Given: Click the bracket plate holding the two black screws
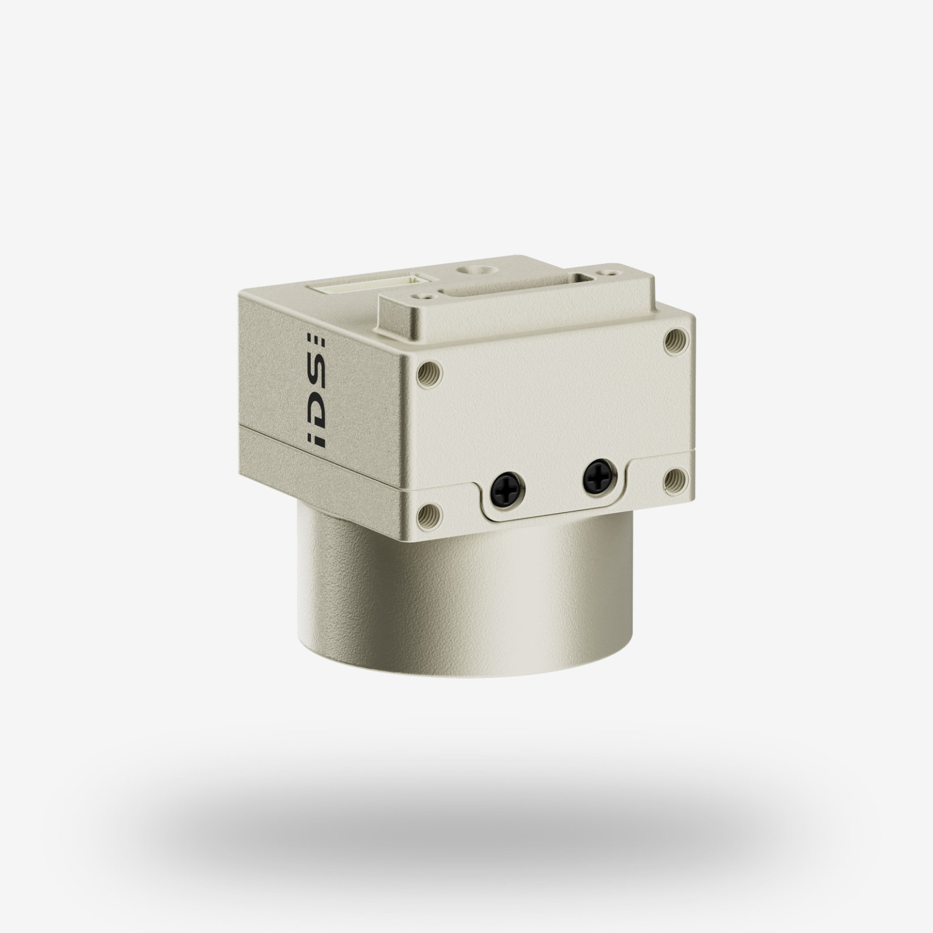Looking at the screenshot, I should (554, 501).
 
